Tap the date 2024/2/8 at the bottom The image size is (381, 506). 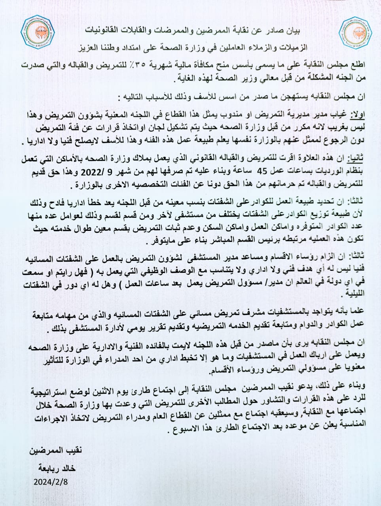(51, 482)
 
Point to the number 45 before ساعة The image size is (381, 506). (262, 172)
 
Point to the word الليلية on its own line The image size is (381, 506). (355, 294)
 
